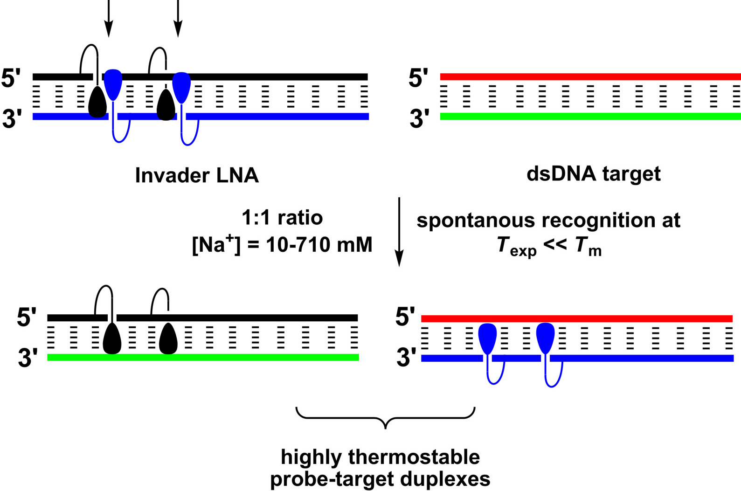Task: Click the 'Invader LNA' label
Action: click(197, 176)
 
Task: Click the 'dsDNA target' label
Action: click(593, 174)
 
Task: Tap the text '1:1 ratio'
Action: click(282, 218)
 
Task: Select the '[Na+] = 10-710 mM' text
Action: click(282, 244)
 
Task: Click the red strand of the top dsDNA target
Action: click(590, 76)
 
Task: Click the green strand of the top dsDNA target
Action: click(590, 116)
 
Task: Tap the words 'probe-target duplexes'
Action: click(380, 479)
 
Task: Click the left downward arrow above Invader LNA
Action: click(108, 19)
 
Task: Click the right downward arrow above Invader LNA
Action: click(178, 19)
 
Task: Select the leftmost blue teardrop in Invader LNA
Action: click(113, 84)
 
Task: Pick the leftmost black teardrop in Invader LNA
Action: click(97, 103)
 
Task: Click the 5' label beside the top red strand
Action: click(419, 78)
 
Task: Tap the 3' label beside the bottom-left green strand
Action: click(28, 359)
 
